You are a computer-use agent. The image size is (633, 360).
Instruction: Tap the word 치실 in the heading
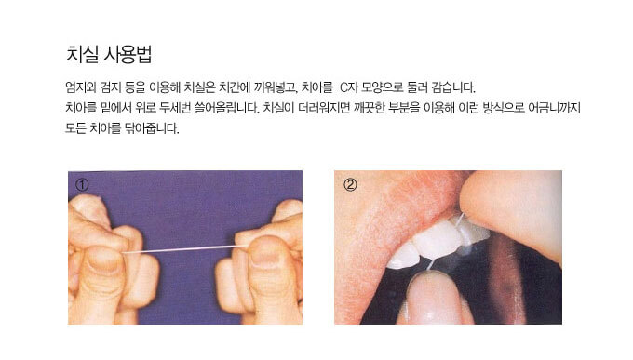pos(82,54)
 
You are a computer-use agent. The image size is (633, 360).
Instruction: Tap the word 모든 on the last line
pos(75,128)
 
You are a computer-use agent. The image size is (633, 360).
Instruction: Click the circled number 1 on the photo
pos(82,185)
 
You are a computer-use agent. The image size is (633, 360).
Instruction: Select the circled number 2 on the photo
pos(350,185)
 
